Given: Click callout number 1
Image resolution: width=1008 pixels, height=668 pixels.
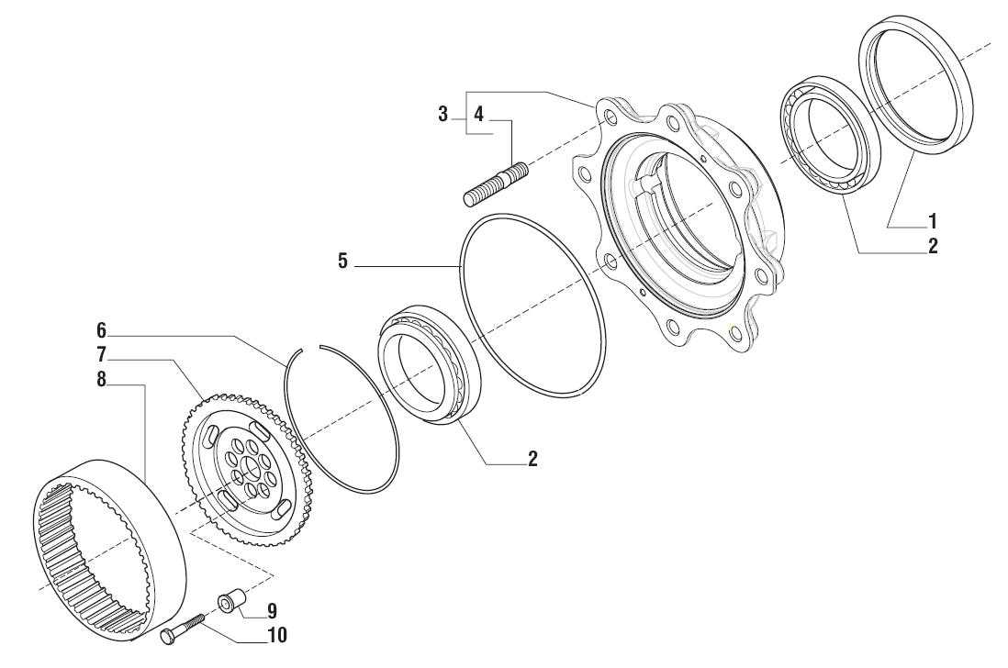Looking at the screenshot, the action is tap(932, 222).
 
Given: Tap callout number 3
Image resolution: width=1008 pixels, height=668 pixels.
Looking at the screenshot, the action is tap(442, 115).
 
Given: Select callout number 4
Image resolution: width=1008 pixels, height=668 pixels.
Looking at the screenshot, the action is tap(478, 115).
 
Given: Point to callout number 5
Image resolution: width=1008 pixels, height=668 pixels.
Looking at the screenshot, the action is tap(342, 262).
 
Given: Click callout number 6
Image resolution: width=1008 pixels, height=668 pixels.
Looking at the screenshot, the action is tap(101, 330).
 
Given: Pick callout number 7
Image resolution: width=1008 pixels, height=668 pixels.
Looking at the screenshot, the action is tap(101, 354).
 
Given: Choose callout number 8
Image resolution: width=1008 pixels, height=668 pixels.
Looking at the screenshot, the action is tap(101, 380).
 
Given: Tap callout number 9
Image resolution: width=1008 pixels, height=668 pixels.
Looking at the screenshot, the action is tap(272, 611).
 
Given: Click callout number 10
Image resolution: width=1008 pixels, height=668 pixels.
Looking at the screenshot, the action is tap(277, 635).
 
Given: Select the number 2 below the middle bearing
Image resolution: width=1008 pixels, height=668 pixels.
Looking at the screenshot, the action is tap(532, 459).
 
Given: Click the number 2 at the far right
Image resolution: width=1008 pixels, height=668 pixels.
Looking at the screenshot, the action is tap(932, 246).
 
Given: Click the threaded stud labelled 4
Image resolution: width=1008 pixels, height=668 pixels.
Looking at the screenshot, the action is tap(496, 184).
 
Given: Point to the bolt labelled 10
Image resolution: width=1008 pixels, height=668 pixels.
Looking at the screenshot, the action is tap(182, 629).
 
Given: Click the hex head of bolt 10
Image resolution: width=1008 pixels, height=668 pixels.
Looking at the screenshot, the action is tap(166, 636).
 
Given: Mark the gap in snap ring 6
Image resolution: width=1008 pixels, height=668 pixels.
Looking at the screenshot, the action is tap(311, 348).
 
